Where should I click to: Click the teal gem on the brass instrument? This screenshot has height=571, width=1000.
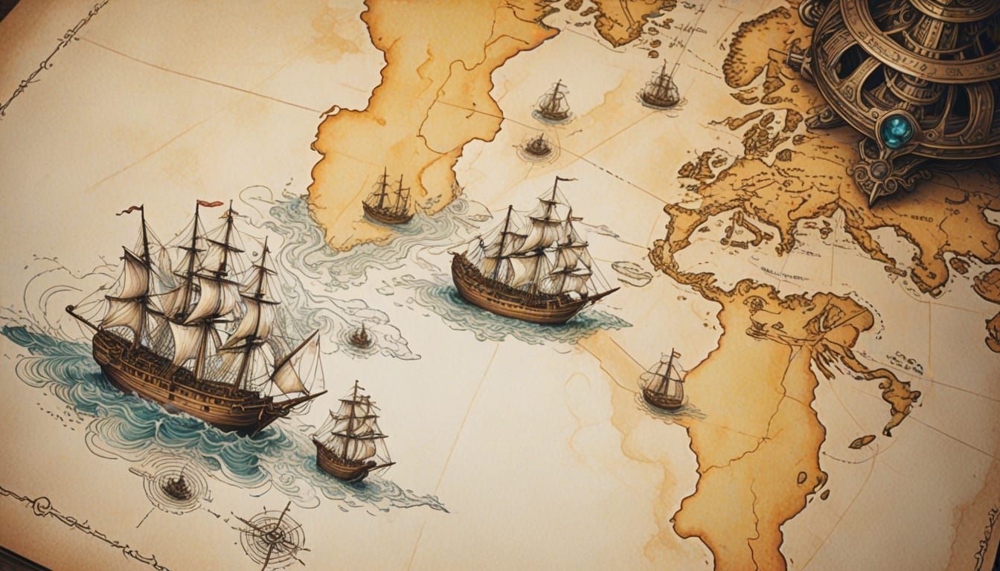[897, 131]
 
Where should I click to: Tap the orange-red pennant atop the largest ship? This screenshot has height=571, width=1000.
[210, 203]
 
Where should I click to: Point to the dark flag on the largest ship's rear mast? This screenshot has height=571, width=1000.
[128, 210]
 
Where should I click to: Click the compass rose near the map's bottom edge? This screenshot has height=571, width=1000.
[272, 535]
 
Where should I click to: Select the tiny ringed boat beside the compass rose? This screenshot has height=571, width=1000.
[177, 487]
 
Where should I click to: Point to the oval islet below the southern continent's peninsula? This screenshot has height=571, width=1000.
[862, 442]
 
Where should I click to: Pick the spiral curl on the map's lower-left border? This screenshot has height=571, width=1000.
[41, 506]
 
